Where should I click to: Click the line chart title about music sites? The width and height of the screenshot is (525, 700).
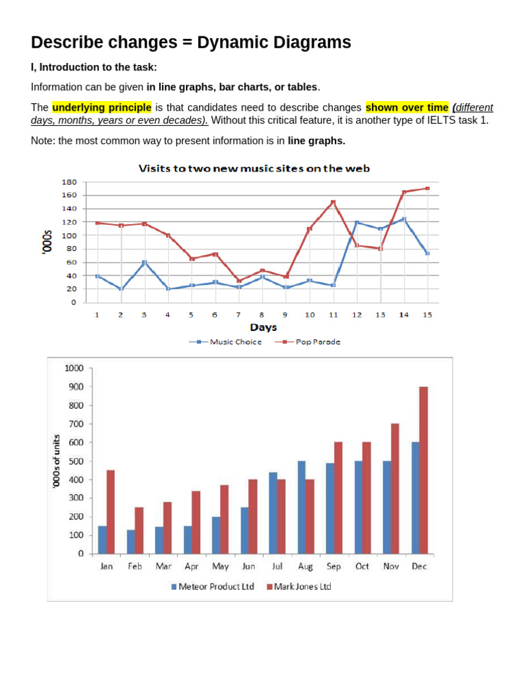tap(254, 168)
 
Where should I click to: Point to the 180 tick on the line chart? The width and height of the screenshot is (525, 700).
tap(69, 183)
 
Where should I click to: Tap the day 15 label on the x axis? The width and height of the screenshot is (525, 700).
tap(427, 314)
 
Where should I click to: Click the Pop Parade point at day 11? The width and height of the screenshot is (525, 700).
tap(333, 202)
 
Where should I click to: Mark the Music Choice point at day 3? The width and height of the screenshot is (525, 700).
tap(144, 262)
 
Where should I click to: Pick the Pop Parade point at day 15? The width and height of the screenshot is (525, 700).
tap(427, 189)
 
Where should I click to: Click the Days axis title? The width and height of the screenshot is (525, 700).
tap(263, 327)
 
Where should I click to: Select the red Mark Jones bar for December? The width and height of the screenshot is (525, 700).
tap(423, 470)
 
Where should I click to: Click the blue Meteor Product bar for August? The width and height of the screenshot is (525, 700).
tap(301, 507)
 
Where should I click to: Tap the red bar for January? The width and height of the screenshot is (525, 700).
tap(111, 512)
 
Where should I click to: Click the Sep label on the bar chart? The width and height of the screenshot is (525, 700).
tap(334, 567)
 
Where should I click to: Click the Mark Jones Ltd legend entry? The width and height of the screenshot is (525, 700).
tap(299, 587)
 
